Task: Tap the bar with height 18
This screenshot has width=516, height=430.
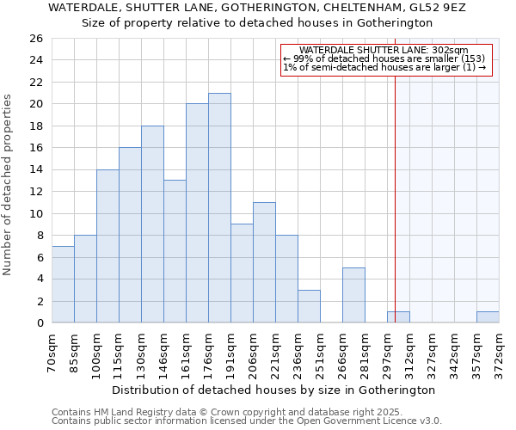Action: point(152,224)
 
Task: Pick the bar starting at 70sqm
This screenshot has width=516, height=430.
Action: point(63,285)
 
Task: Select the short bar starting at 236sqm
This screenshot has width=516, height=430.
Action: point(309,306)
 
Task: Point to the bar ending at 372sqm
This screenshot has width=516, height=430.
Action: point(488,317)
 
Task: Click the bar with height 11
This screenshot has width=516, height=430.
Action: point(264,262)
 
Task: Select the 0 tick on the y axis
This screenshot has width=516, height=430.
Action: point(40,323)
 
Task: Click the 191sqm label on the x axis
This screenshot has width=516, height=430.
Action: point(230,351)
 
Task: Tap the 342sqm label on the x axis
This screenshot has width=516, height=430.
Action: point(454,351)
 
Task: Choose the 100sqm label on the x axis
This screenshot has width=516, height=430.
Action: point(96,351)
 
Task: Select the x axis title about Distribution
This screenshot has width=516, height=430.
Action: point(274,390)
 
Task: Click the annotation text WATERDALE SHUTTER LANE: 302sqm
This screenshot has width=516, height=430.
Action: point(384,51)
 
